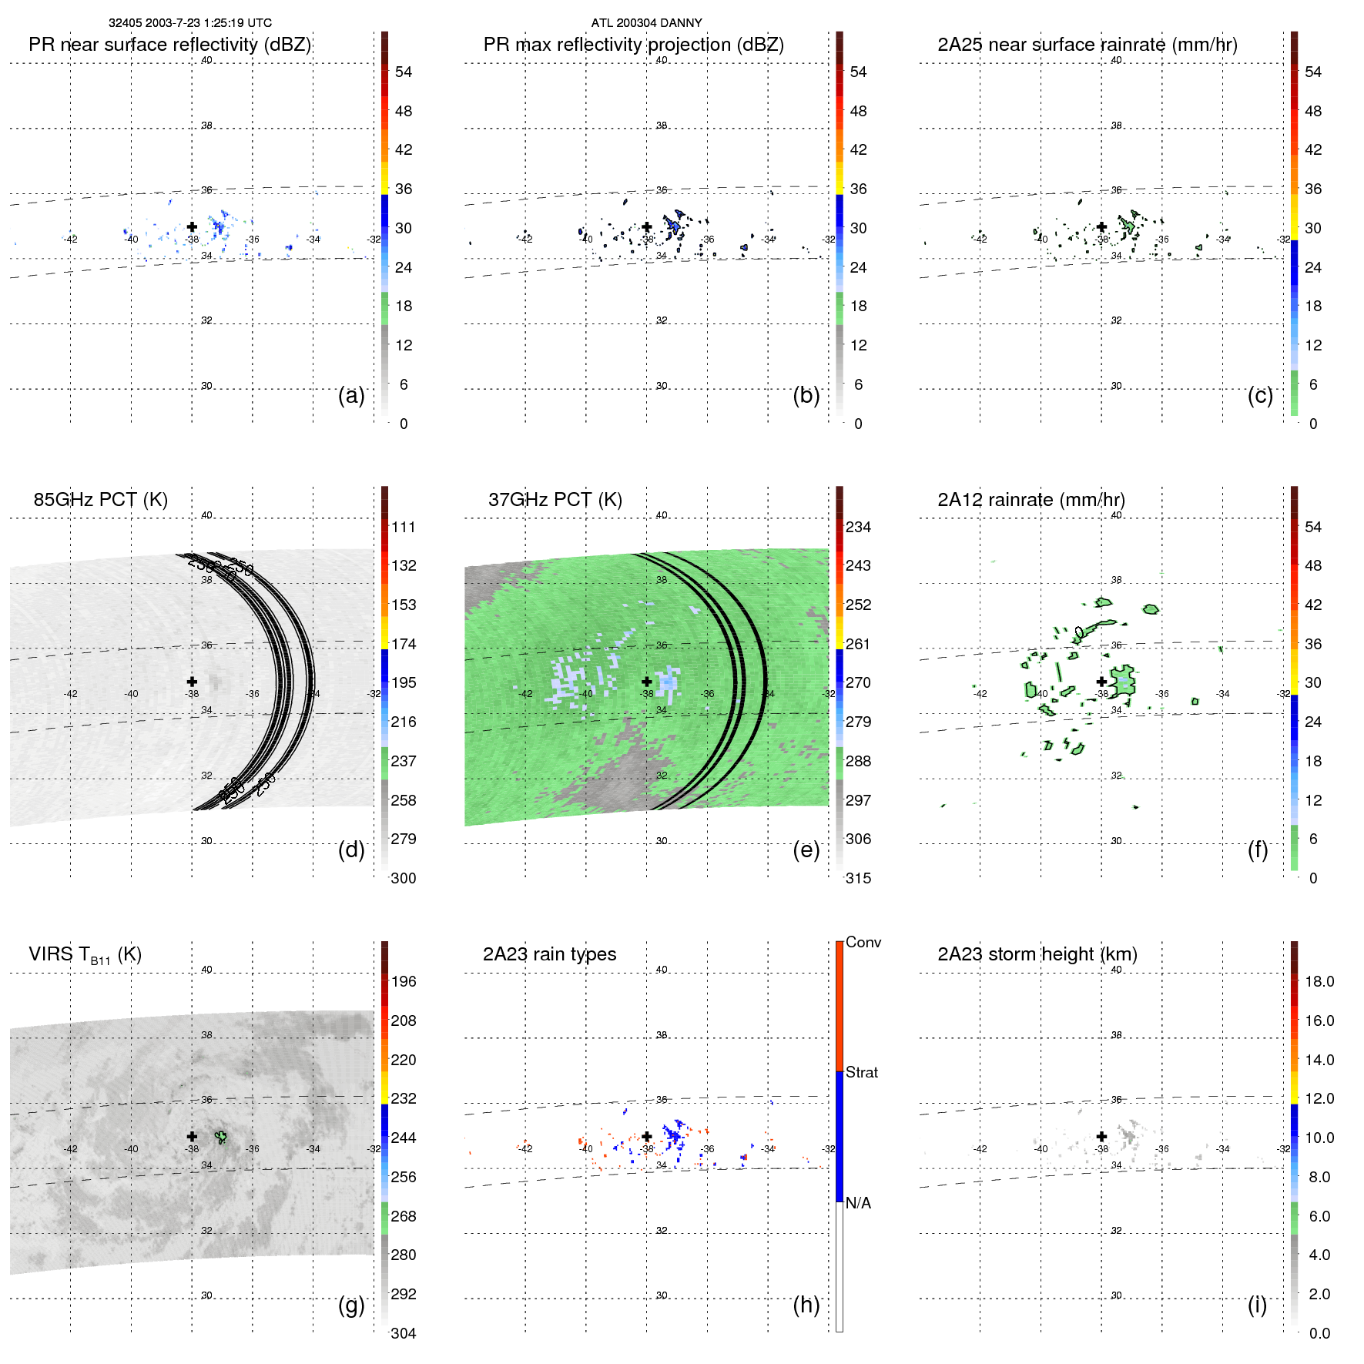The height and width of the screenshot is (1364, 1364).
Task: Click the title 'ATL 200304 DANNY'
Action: pos(646,23)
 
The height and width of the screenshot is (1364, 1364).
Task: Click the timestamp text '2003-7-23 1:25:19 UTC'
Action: pos(210,23)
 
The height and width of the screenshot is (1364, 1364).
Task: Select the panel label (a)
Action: pos(351,395)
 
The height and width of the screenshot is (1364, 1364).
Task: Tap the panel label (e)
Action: pos(806,850)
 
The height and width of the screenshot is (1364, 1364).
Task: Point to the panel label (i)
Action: pos(1257,1305)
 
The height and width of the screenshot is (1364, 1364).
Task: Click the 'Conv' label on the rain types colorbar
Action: pos(863,942)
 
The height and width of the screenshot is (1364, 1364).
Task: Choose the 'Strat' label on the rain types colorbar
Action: pos(861,1072)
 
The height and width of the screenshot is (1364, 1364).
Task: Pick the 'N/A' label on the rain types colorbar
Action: pos(858,1203)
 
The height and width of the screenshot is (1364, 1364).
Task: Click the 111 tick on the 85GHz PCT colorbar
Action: pos(403,527)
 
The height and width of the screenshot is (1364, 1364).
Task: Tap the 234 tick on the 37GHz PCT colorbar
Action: pos(858,527)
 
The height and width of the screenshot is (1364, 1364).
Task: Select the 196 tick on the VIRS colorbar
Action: pos(403,981)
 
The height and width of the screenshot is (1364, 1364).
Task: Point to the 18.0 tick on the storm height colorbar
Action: pos(1319,981)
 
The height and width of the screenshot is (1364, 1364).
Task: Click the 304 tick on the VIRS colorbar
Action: pos(403,1333)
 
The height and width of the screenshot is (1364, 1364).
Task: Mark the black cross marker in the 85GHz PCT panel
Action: pos(192,682)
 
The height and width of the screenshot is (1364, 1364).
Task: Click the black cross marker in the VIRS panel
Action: pos(192,1136)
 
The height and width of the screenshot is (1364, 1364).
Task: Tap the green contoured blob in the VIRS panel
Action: pos(222,1137)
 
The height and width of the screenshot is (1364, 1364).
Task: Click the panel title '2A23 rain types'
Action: pos(549,954)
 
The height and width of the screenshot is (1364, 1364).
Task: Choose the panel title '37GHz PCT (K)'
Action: pos(555,500)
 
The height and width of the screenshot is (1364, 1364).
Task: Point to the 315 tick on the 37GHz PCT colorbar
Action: pos(858,878)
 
